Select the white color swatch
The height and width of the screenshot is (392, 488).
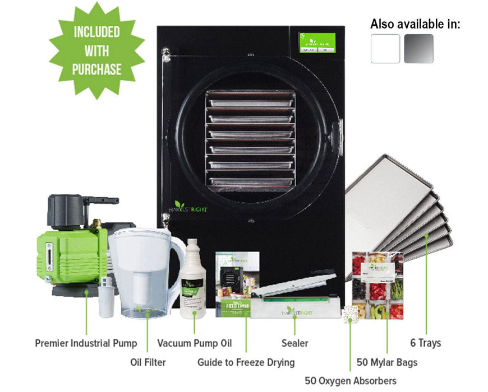pyautogui.click(x=385, y=49)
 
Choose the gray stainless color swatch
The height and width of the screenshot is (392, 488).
pyautogui.click(x=418, y=49)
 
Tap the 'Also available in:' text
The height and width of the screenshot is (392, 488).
pyautogui.click(x=415, y=24)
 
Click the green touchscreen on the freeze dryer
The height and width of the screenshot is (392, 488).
pyautogui.click(x=317, y=43)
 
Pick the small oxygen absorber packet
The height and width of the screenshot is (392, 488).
pyautogui.click(x=350, y=315)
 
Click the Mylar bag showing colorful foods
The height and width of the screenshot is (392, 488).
pyautogui.click(x=377, y=286)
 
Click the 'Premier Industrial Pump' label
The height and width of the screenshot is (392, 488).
pyautogui.click(x=86, y=343)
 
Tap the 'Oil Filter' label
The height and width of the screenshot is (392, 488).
pyautogui.click(x=148, y=362)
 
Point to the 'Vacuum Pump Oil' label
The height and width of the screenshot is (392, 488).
pyautogui.click(x=194, y=343)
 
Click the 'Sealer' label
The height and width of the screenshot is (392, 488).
pyautogui.click(x=294, y=343)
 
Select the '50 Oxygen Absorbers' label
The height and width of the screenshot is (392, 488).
pyautogui.click(x=351, y=381)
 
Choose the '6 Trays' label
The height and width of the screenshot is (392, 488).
pyautogui.click(x=426, y=343)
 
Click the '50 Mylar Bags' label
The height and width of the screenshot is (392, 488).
pyautogui.click(x=387, y=362)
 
